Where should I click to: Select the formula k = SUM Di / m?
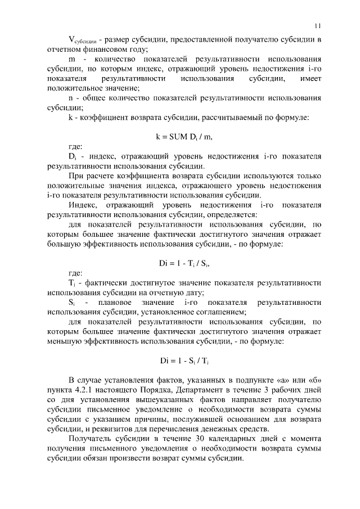(x=184, y=137)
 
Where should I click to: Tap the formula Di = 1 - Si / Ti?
(x=184, y=360)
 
